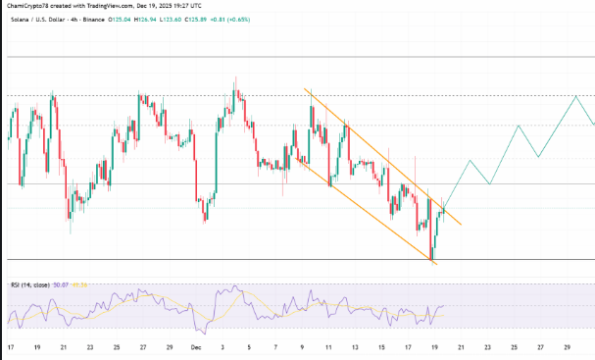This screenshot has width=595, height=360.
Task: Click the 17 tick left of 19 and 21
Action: [x=11, y=348]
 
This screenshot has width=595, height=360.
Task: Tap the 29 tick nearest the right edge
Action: [x=568, y=348]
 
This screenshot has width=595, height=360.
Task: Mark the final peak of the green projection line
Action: [x=574, y=96]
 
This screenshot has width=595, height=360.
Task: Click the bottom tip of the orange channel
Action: [x=432, y=262]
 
